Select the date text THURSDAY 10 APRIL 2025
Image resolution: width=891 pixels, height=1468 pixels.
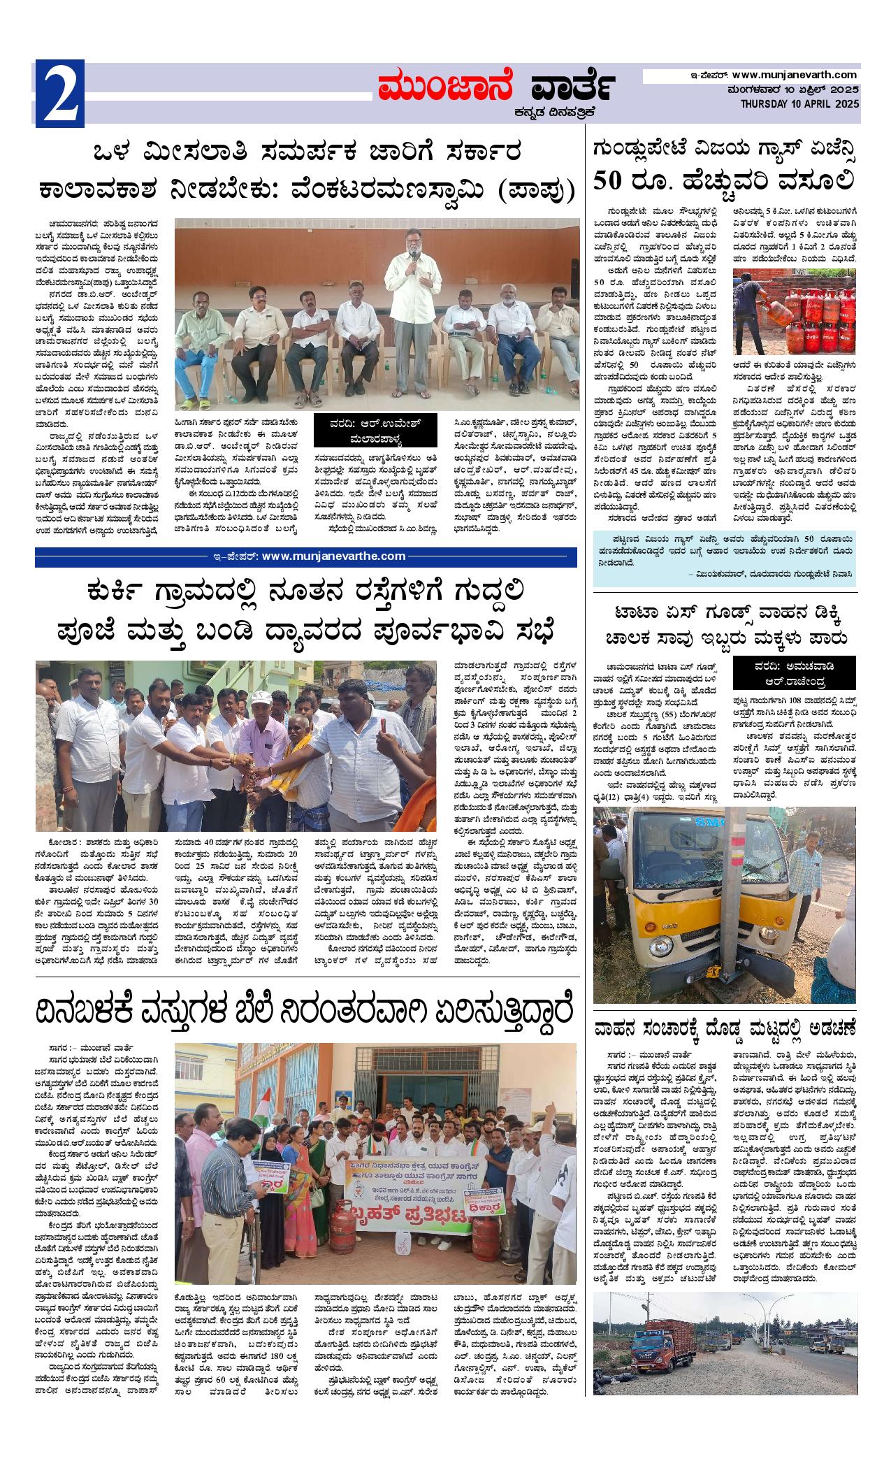(800, 103)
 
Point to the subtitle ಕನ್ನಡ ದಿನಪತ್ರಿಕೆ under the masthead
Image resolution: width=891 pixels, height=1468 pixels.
(555, 111)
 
